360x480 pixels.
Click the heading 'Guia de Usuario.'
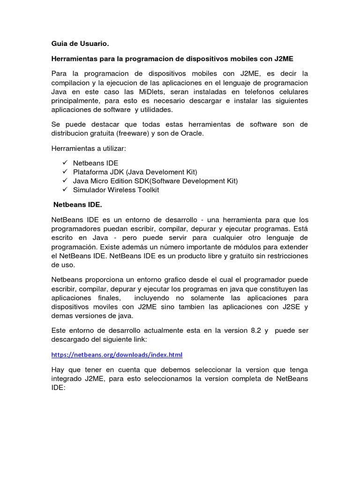coord(80,44)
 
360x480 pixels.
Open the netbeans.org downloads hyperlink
coord(117,354)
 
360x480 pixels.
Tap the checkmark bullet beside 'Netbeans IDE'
coord(65,162)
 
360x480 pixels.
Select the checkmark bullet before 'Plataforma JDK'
coord(65,172)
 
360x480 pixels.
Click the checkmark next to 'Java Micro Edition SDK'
coord(65,180)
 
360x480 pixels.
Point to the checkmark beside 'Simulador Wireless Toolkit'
coord(65,189)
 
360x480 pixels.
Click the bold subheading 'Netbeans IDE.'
coord(78,205)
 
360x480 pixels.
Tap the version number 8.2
coord(255,330)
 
